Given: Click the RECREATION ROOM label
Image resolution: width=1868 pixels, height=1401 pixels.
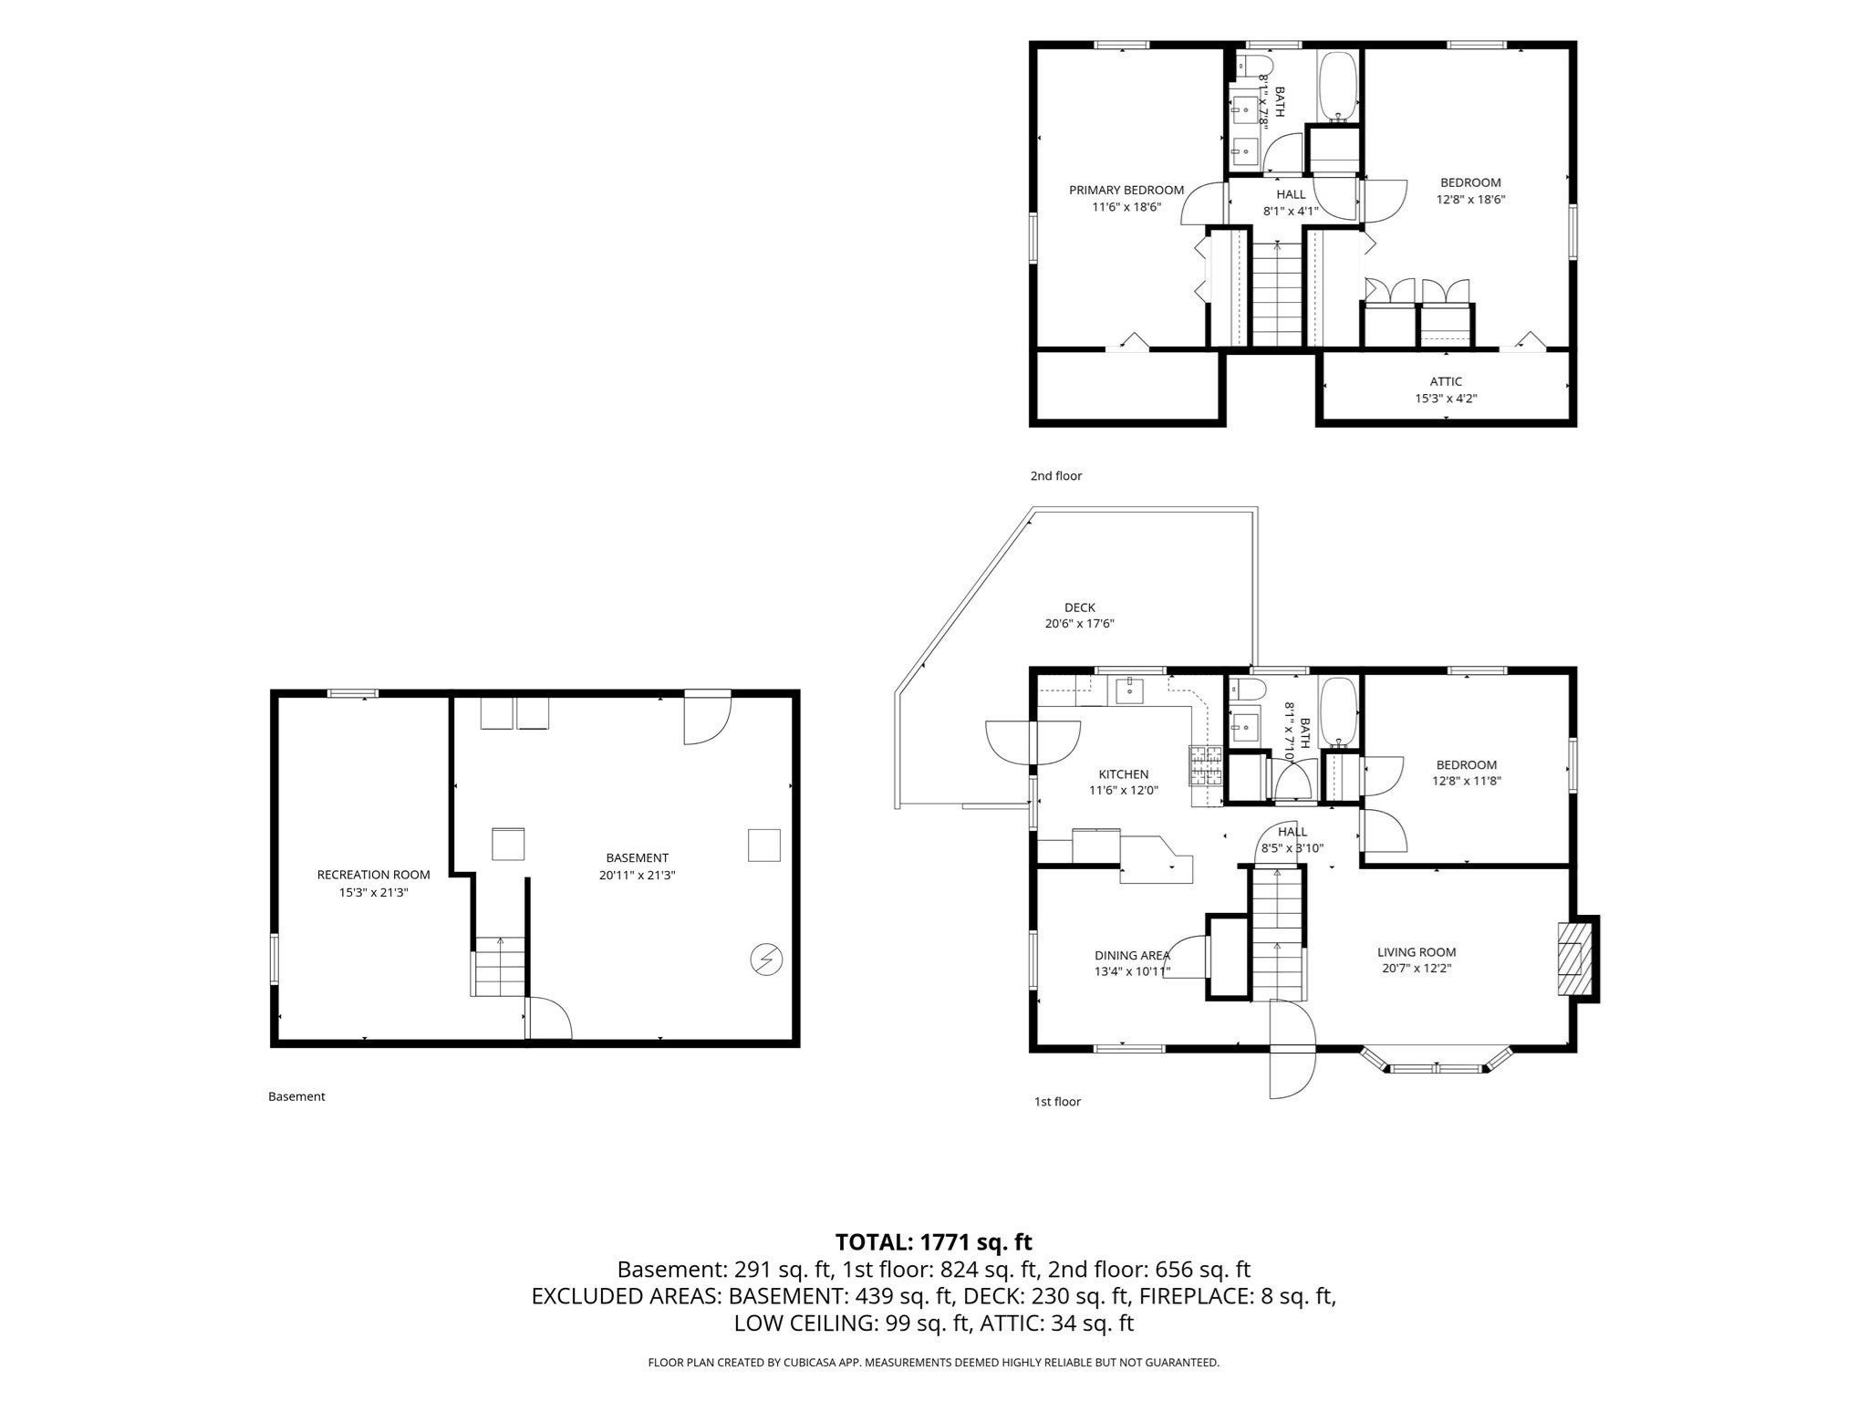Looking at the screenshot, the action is [x=373, y=875].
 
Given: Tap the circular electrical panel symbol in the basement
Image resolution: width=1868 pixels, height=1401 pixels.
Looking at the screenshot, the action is [x=765, y=960].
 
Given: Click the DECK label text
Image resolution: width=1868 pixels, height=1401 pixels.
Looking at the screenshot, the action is [x=1080, y=607].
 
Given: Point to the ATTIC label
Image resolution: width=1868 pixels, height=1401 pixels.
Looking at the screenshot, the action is [x=1446, y=381].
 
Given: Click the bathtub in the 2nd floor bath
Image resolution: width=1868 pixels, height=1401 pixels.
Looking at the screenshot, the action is [x=1338, y=87].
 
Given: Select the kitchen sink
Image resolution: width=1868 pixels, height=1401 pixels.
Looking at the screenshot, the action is [x=1129, y=690].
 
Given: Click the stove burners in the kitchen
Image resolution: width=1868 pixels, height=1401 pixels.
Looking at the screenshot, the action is [x=1205, y=767].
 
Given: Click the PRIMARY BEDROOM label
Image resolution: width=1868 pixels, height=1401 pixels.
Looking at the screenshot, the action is [x=1126, y=191].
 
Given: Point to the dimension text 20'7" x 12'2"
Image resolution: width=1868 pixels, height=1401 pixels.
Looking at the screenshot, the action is [x=1417, y=969].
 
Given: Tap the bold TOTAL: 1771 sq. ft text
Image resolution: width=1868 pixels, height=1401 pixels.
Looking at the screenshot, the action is [x=934, y=1241].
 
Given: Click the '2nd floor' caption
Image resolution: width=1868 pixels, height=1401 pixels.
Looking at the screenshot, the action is [x=1056, y=476].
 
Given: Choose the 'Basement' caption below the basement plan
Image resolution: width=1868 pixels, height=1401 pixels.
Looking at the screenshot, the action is [x=296, y=1096].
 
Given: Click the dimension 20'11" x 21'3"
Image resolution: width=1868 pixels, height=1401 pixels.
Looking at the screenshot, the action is [x=637, y=875].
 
